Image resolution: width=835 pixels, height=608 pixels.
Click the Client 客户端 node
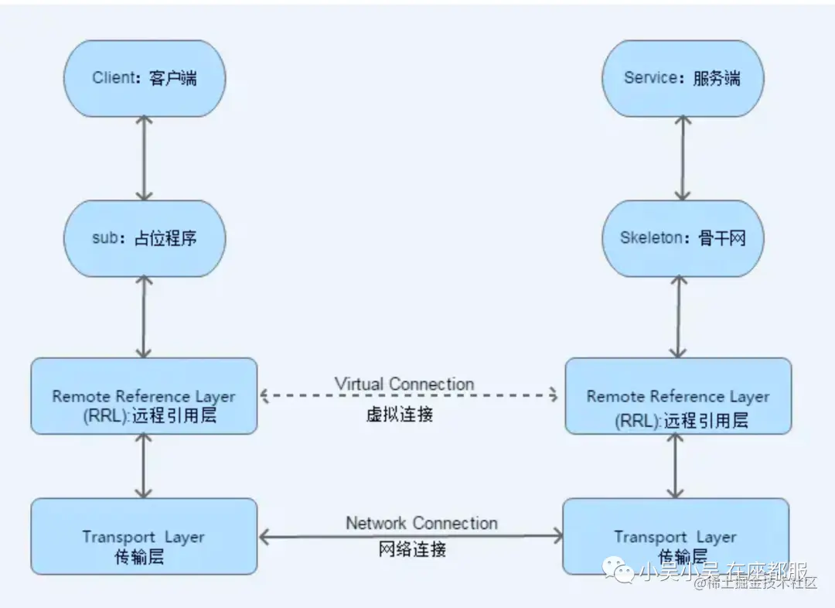click(144, 78)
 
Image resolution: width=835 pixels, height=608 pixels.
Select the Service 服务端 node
click(682, 78)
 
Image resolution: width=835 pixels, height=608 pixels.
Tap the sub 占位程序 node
click(144, 238)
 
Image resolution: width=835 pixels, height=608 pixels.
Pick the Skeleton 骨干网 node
click(682, 238)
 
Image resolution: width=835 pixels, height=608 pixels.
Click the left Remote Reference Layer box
click(144, 395)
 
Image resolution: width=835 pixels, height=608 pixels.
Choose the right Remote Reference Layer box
click(678, 395)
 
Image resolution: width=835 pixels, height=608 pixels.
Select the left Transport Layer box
click(144, 536)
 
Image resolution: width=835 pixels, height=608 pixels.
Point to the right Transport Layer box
click(675, 536)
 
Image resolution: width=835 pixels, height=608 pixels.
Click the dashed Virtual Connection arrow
click(410, 396)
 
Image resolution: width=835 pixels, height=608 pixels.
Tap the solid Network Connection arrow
click(410, 535)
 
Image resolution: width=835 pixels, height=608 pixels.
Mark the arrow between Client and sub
click(144, 158)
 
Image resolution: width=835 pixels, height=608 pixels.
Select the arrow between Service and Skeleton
click(682, 158)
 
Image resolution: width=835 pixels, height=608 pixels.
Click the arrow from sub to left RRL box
click(144, 316)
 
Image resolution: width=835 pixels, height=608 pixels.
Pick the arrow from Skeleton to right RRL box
click(680, 316)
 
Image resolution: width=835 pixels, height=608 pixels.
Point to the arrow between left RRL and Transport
click(142, 466)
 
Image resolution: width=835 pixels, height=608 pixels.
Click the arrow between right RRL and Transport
click(677, 466)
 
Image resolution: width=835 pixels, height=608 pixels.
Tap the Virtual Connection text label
click(404, 384)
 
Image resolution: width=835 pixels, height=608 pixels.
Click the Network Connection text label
click(421, 523)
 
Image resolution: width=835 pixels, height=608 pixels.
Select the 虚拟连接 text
click(400, 414)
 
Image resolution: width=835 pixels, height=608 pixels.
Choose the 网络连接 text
click(412, 550)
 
